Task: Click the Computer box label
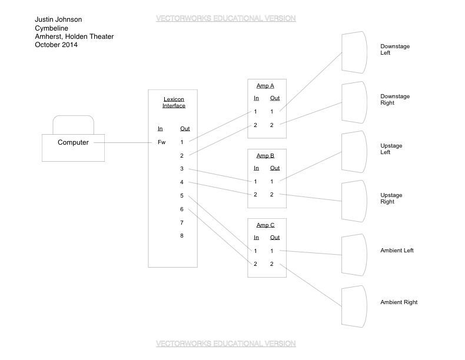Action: coord(73,142)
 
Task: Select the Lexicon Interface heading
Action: coord(174,102)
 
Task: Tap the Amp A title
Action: coord(265,86)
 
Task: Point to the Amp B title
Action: coord(265,156)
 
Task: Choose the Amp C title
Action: coord(265,225)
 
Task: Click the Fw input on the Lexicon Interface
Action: coord(162,142)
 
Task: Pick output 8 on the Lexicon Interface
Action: coord(182,236)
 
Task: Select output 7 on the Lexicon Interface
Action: coord(182,223)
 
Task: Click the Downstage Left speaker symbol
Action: coord(354,52)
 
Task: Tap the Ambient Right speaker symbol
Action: coord(354,306)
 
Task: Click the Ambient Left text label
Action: coord(397,251)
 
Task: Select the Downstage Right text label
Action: coord(395,99)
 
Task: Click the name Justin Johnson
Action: coord(58,19)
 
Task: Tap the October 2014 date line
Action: coord(56,45)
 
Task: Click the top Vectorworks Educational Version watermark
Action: coord(225,18)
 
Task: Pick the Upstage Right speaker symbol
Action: coord(354,201)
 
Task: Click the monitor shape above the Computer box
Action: coord(73,124)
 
